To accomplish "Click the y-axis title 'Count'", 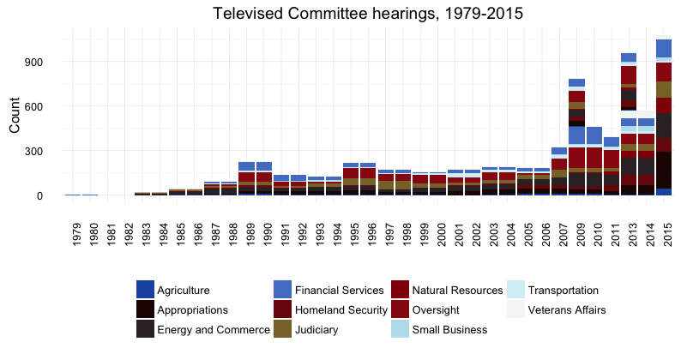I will [x=15, y=116].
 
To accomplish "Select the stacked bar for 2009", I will [x=576, y=137].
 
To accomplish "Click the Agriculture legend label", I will [x=184, y=291].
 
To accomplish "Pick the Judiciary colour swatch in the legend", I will [x=283, y=330].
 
